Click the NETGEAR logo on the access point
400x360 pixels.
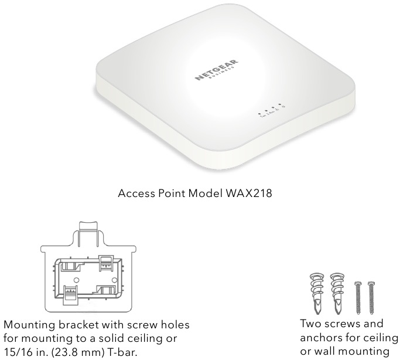[217, 70]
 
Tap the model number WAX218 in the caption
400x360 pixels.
[249, 193]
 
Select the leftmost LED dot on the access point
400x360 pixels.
[259, 114]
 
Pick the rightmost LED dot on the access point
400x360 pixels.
[280, 104]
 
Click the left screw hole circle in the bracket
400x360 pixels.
[77, 280]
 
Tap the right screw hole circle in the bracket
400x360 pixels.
[114, 280]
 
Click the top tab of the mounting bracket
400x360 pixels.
[88, 227]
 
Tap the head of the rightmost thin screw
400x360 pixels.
[371, 284]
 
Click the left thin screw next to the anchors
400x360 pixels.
[358, 298]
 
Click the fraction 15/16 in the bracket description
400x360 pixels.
[18, 352]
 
